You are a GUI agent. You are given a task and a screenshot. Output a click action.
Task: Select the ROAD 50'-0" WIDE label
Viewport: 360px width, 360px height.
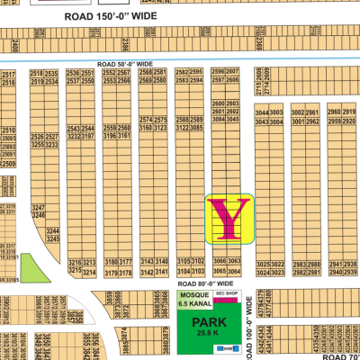pos(124,64)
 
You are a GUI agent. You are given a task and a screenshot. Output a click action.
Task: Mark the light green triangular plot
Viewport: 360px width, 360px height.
pos(30,267)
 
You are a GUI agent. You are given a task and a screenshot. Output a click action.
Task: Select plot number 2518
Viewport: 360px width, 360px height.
pos(37,73)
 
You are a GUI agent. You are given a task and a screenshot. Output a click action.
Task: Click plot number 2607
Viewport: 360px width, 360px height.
pos(232,72)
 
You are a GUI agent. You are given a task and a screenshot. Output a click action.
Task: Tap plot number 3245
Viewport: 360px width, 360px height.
pos(53,241)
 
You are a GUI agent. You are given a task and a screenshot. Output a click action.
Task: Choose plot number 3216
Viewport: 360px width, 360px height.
pos(76,262)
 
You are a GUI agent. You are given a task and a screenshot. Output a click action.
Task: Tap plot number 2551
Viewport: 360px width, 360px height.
pos(88,73)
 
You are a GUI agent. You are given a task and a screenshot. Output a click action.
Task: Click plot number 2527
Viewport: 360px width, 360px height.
pos(53,137)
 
